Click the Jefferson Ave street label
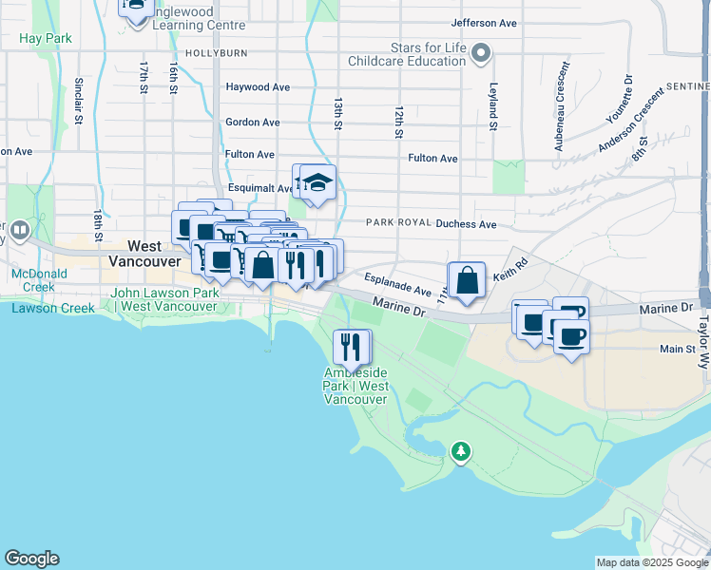484,22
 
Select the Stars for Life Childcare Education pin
482,53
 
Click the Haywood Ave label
258,86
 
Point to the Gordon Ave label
252,123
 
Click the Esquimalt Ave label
259,188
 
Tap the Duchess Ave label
466,224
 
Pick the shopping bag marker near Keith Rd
466,281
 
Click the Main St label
678,350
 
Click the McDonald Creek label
33,280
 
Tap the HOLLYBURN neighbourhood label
216,53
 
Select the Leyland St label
493,104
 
